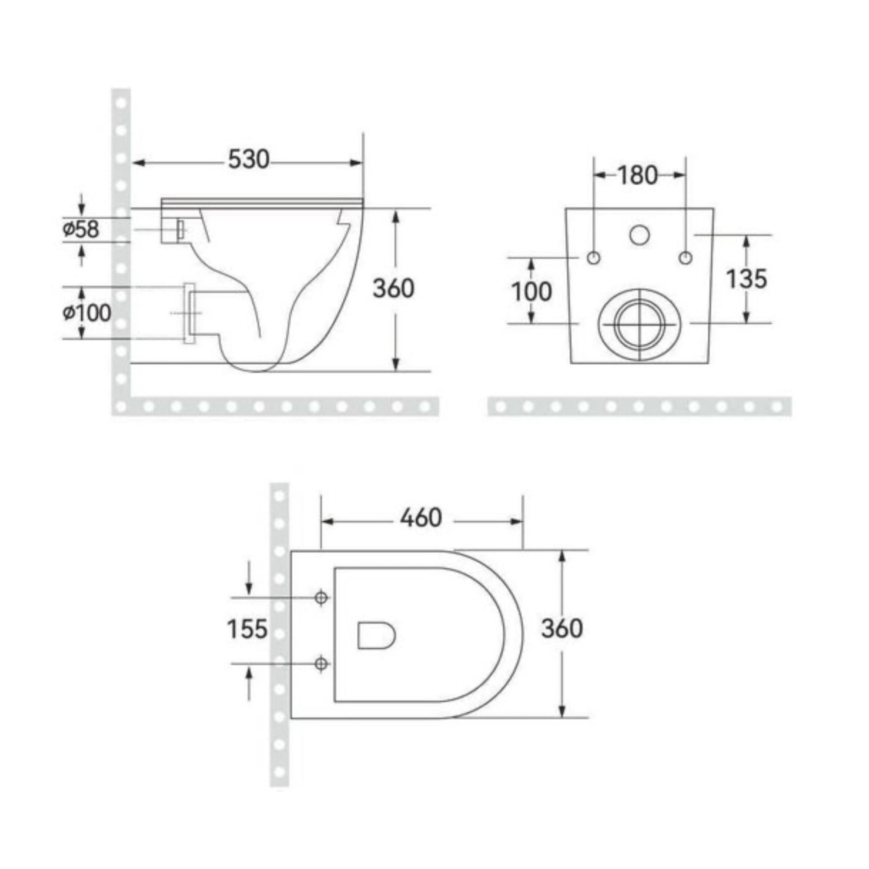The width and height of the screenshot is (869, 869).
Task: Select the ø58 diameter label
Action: (80, 229)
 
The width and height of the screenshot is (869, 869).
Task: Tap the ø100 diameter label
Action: (86, 312)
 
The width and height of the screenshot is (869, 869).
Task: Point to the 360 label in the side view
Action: (394, 289)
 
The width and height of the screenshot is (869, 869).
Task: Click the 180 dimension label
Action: (638, 176)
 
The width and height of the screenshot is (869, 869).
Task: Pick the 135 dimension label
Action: (746, 279)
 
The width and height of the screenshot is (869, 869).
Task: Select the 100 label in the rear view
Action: (531, 292)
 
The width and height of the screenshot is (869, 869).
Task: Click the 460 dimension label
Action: (421, 518)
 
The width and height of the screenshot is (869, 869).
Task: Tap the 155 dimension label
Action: (247, 629)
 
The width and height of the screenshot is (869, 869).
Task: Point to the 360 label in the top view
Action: (562, 628)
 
